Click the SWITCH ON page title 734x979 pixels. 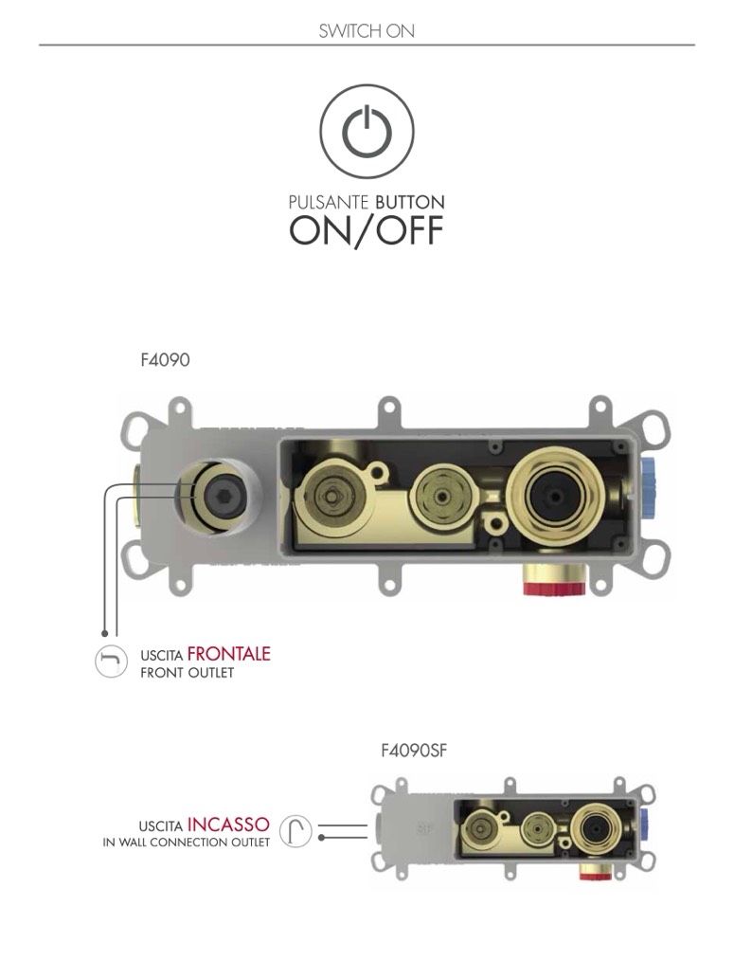coord(367,30)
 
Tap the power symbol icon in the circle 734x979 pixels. coord(367,131)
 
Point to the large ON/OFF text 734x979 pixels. coord(367,230)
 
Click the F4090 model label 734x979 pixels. coord(165,360)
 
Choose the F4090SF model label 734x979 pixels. coord(414,750)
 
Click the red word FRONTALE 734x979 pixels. coord(228,654)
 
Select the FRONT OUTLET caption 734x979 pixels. coord(188,673)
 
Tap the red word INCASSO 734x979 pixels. coord(228,825)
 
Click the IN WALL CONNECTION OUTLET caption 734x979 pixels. coord(186,843)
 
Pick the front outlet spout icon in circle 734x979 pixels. coord(111,661)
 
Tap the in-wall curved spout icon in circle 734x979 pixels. coord(295,831)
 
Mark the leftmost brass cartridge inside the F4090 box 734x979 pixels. coord(331,497)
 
